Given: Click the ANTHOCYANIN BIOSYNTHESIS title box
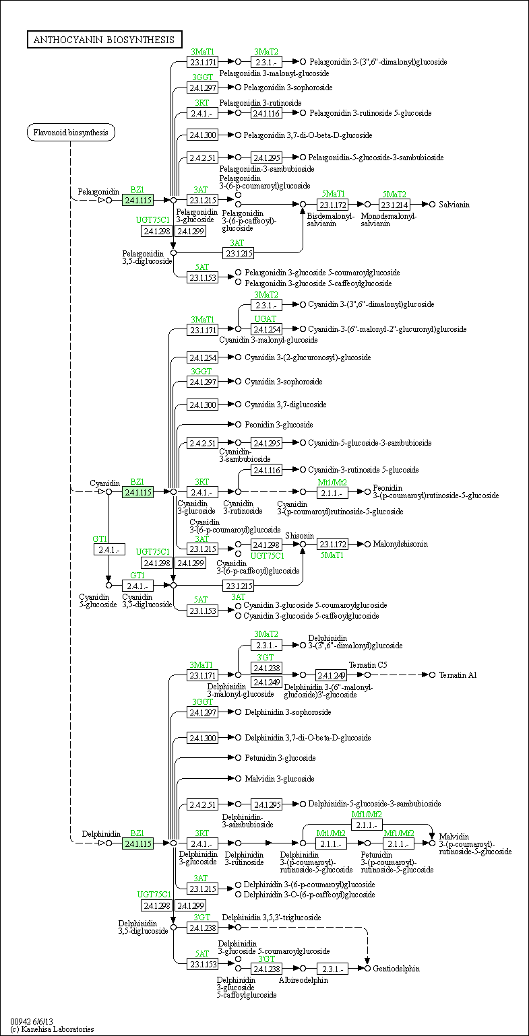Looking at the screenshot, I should click(104, 40).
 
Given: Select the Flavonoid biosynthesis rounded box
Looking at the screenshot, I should click(71, 133).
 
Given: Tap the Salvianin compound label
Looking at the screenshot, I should click(454, 204).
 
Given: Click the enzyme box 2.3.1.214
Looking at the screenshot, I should click(395, 205).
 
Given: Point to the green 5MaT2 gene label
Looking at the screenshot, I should click(394, 195).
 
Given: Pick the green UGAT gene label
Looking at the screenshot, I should click(265, 319).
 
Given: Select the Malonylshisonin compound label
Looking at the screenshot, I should click(400, 543).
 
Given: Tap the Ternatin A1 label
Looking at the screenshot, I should click(458, 675).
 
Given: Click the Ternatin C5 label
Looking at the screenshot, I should click(373, 664).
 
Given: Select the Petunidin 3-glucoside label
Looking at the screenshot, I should click(280, 757).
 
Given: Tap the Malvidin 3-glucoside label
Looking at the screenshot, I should click(279, 779).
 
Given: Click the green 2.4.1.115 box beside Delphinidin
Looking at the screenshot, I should click(137, 843).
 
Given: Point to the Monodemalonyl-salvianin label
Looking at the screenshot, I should click(389, 219).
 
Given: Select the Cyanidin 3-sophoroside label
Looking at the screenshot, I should click(283, 382).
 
